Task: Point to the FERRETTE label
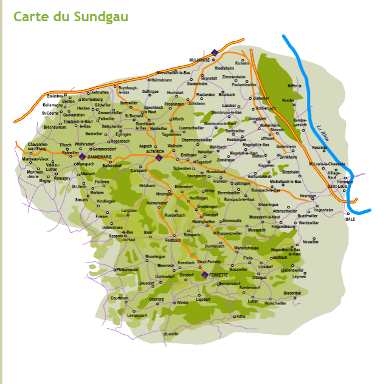[x=218, y=275]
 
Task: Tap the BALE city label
[x=350, y=219]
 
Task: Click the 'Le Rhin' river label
[x=322, y=133]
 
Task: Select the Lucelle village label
[x=172, y=334]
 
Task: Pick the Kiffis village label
[x=241, y=316]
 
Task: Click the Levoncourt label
[x=137, y=315]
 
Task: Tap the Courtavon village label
[x=120, y=298]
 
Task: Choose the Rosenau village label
[x=320, y=147]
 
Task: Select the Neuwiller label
[x=310, y=241]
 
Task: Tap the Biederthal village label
[x=292, y=293]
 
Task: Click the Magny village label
[x=45, y=180]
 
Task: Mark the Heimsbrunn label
[x=162, y=80]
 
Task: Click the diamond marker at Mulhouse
[x=214, y=53]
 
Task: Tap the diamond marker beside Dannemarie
[x=82, y=157]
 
